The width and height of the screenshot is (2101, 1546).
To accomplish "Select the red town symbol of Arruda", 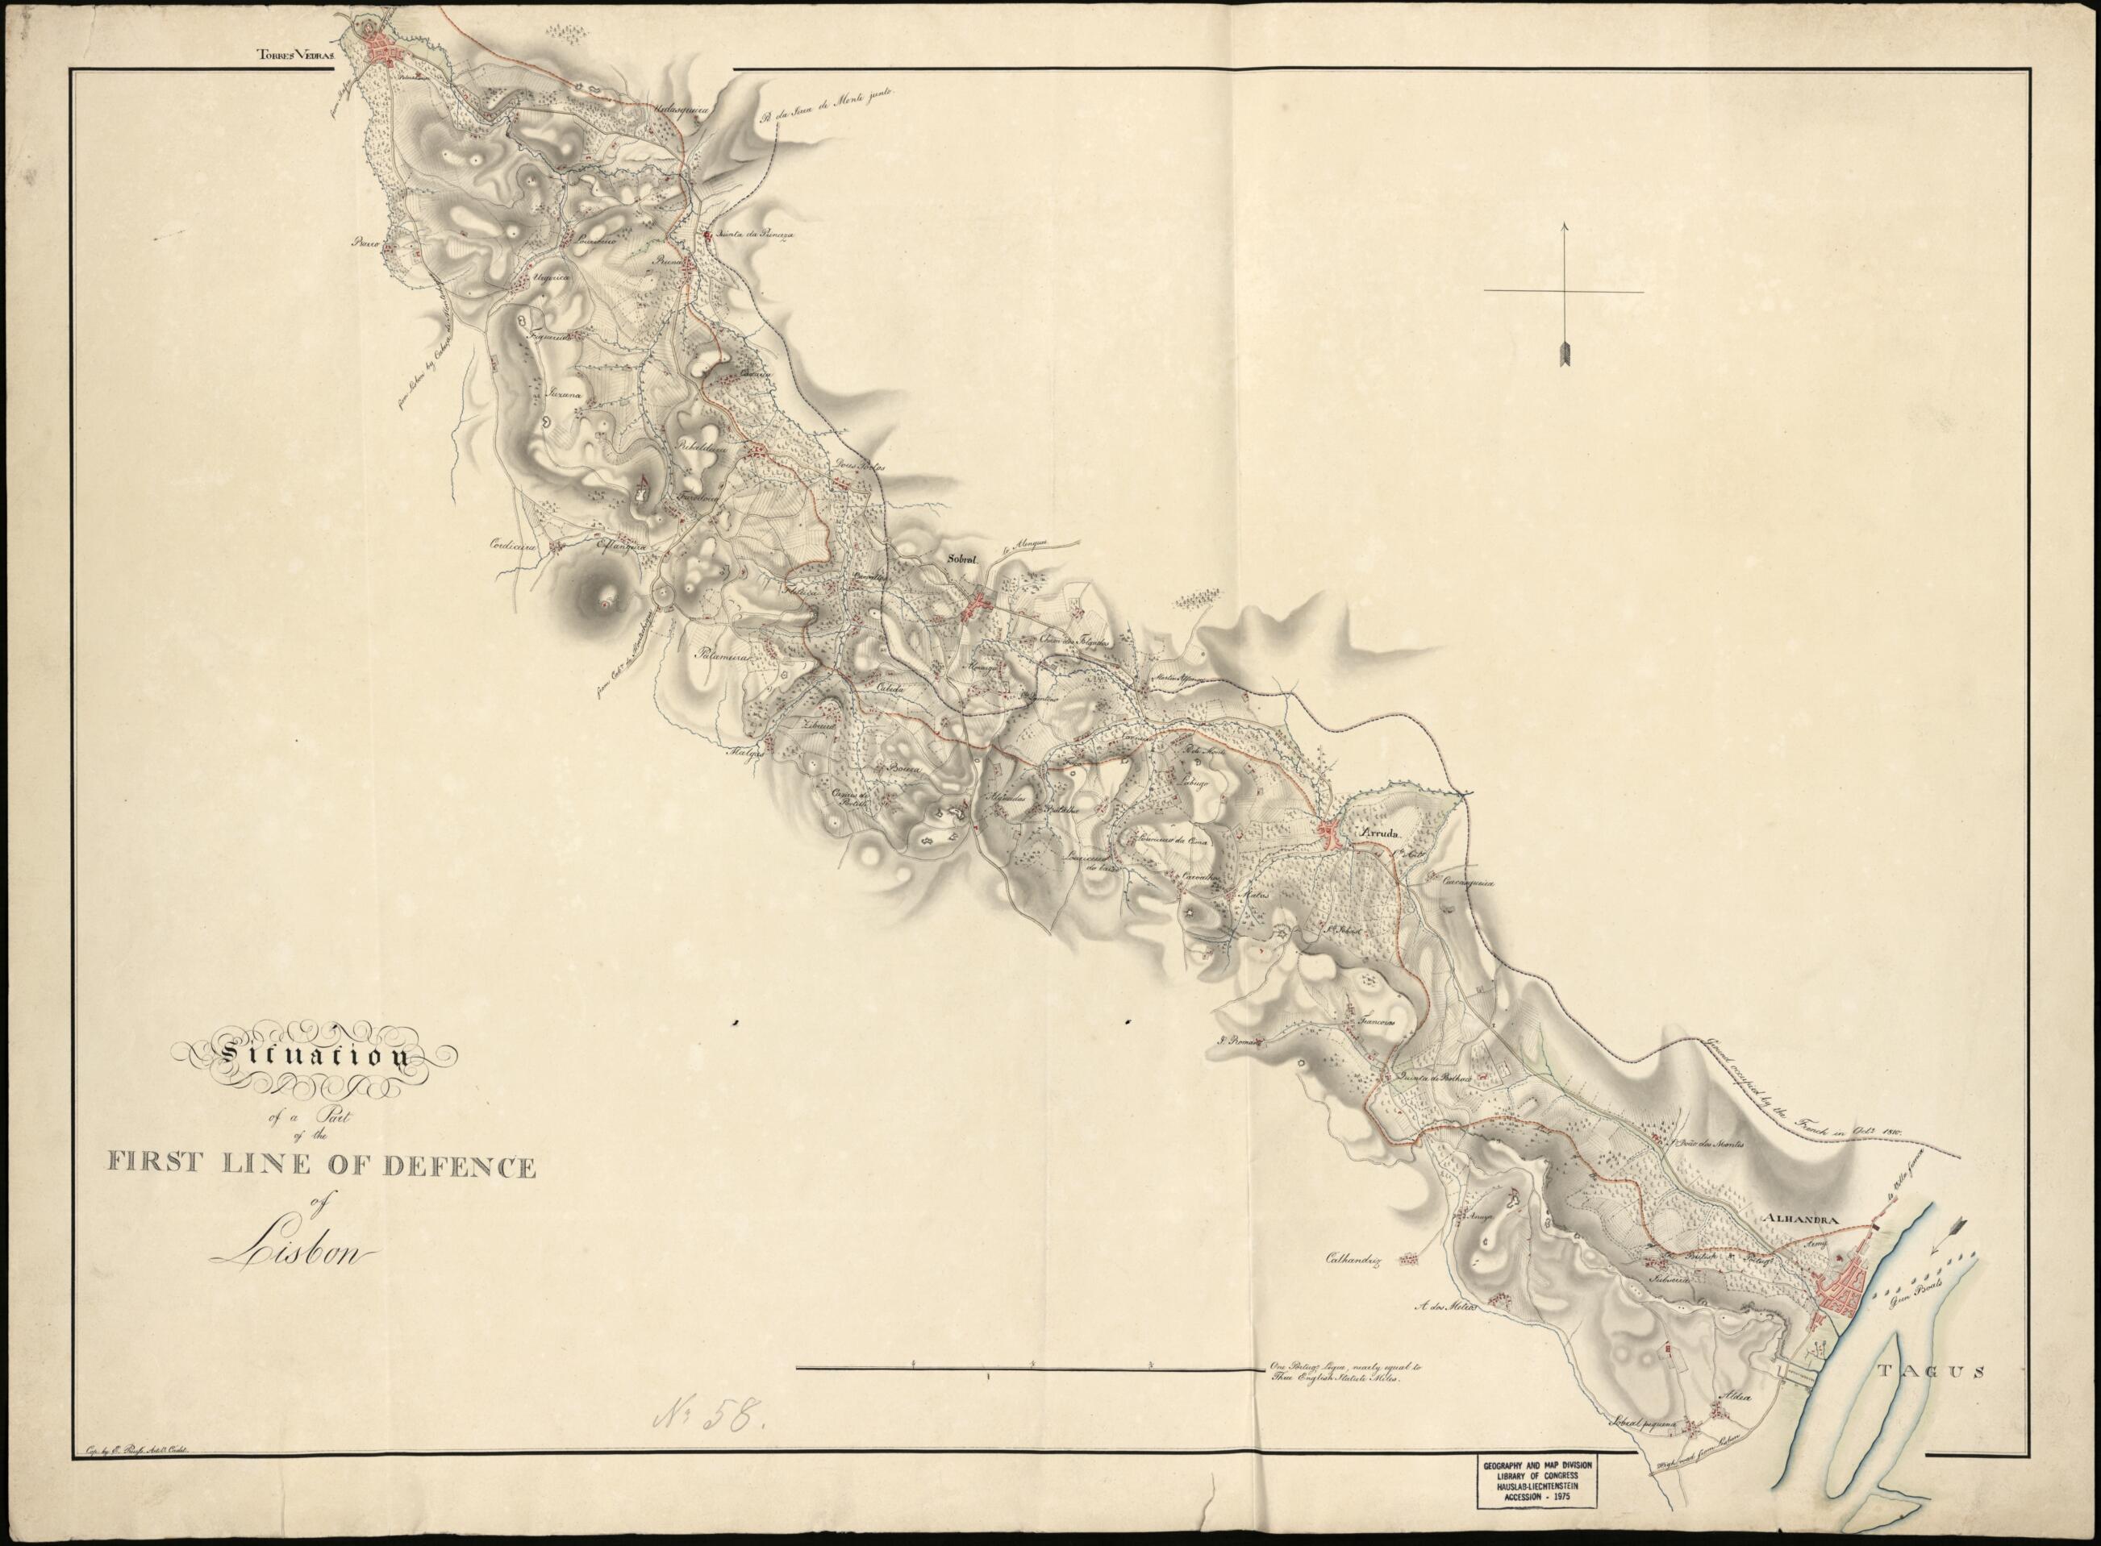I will click(x=1331, y=833).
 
